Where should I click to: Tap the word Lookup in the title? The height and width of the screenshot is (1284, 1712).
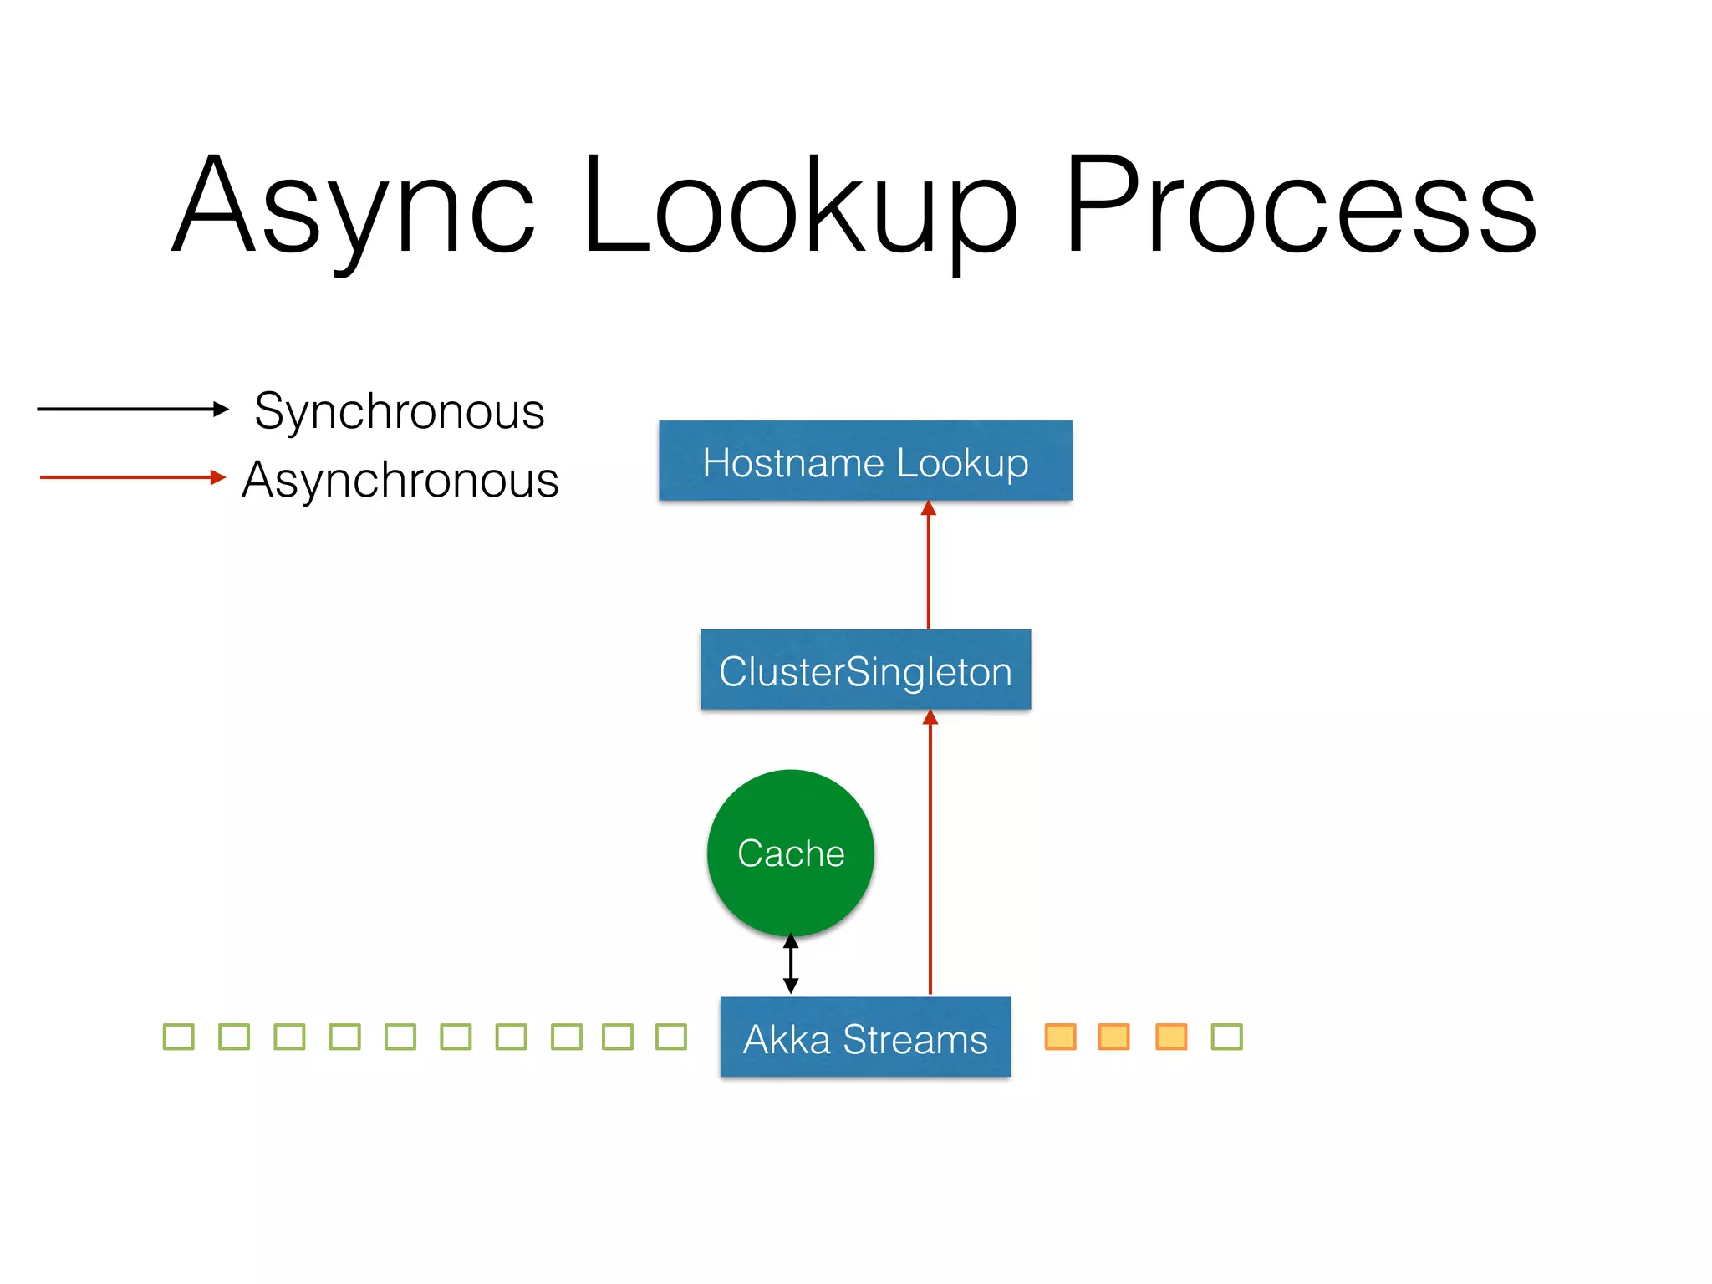[798, 205]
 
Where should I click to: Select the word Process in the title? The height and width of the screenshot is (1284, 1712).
[1300, 205]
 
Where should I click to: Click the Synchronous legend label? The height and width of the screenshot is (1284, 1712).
[399, 410]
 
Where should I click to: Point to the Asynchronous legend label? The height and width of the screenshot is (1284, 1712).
[400, 480]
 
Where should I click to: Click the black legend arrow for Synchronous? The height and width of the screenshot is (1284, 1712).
[132, 409]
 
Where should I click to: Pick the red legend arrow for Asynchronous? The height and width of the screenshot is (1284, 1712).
[132, 477]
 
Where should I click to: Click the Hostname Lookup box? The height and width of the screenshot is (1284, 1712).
[865, 461]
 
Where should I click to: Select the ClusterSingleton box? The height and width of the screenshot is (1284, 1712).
[865, 670]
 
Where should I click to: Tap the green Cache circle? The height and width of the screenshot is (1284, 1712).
[791, 853]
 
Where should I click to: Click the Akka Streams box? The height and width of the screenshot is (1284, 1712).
[865, 1037]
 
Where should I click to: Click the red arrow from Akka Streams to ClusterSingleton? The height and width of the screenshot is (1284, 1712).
[930, 853]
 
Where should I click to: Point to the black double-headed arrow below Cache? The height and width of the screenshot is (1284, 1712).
[791, 964]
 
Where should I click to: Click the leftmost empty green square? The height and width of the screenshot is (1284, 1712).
[179, 1037]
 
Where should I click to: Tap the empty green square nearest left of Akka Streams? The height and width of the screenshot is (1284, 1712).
[671, 1037]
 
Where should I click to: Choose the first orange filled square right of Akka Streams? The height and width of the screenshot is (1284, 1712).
[1061, 1037]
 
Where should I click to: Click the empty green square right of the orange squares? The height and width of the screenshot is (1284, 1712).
[1227, 1037]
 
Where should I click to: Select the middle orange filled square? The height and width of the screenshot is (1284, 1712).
[1114, 1037]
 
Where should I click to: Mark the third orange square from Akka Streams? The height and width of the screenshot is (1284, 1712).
[1171, 1037]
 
